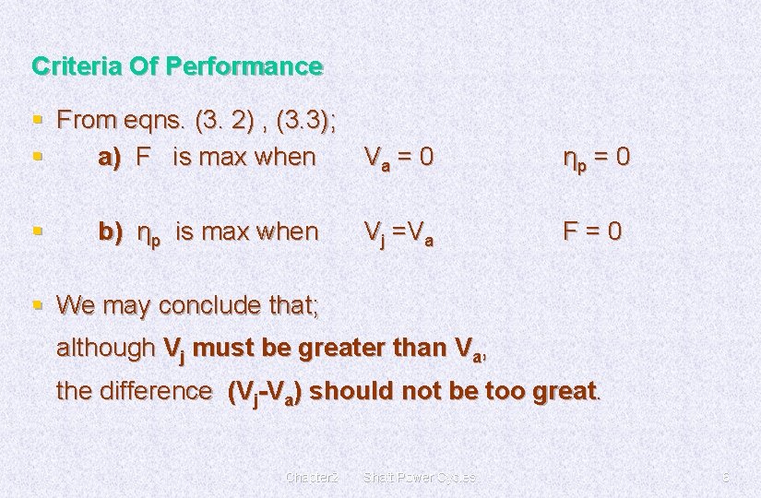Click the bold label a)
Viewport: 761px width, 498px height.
[111, 157]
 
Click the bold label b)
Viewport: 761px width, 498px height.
[111, 231]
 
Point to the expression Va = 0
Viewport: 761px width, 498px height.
[398, 158]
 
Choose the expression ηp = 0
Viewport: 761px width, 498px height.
[597, 158]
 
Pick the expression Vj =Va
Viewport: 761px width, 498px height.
[398, 232]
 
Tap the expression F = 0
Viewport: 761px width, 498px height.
[592, 231]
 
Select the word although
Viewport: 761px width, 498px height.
[105, 348]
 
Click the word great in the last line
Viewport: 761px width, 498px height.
[564, 391]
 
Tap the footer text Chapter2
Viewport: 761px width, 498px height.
[314, 477]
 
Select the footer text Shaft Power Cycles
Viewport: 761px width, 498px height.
[420, 477]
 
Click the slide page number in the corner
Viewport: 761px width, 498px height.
[726, 477]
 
